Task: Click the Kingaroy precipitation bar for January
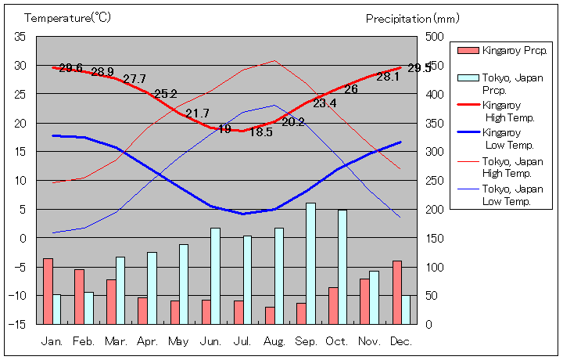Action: (48, 290)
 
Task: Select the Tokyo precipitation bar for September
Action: (310, 263)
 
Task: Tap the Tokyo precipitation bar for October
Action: (342, 266)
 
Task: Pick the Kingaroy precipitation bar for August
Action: (270, 315)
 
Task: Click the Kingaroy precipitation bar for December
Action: (397, 292)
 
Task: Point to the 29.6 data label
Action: (70, 68)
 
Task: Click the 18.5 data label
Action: (260, 132)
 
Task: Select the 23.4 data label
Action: (325, 103)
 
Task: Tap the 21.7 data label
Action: (197, 113)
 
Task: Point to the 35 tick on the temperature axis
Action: (20, 37)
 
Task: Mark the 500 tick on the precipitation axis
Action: (435, 37)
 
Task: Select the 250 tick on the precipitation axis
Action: (435, 180)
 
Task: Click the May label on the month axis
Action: (178, 342)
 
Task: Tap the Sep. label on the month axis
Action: (306, 342)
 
